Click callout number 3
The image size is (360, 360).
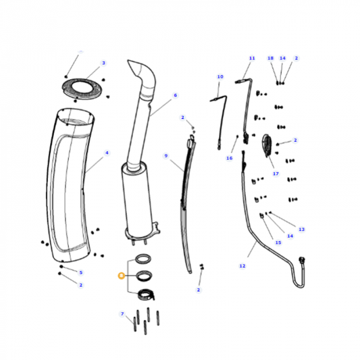coord(103,63)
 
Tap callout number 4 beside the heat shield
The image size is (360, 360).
coord(107,153)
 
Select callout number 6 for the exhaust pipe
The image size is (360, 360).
coord(175,95)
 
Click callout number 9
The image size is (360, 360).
coord(165,156)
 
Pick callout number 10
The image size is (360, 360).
coord(220,77)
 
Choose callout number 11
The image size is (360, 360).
coord(251,58)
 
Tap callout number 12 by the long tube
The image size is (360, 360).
coord(242,266)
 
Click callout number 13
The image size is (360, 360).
coord(301,230)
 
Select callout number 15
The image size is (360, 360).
coord(278,242)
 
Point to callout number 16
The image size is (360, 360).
coord(229,159)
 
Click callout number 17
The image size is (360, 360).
coord(276,174)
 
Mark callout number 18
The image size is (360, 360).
coord(270,58)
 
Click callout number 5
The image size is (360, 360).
coord(80,272)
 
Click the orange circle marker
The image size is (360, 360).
coord(121,275)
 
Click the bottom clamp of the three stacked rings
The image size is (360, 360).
coord(145,293)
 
